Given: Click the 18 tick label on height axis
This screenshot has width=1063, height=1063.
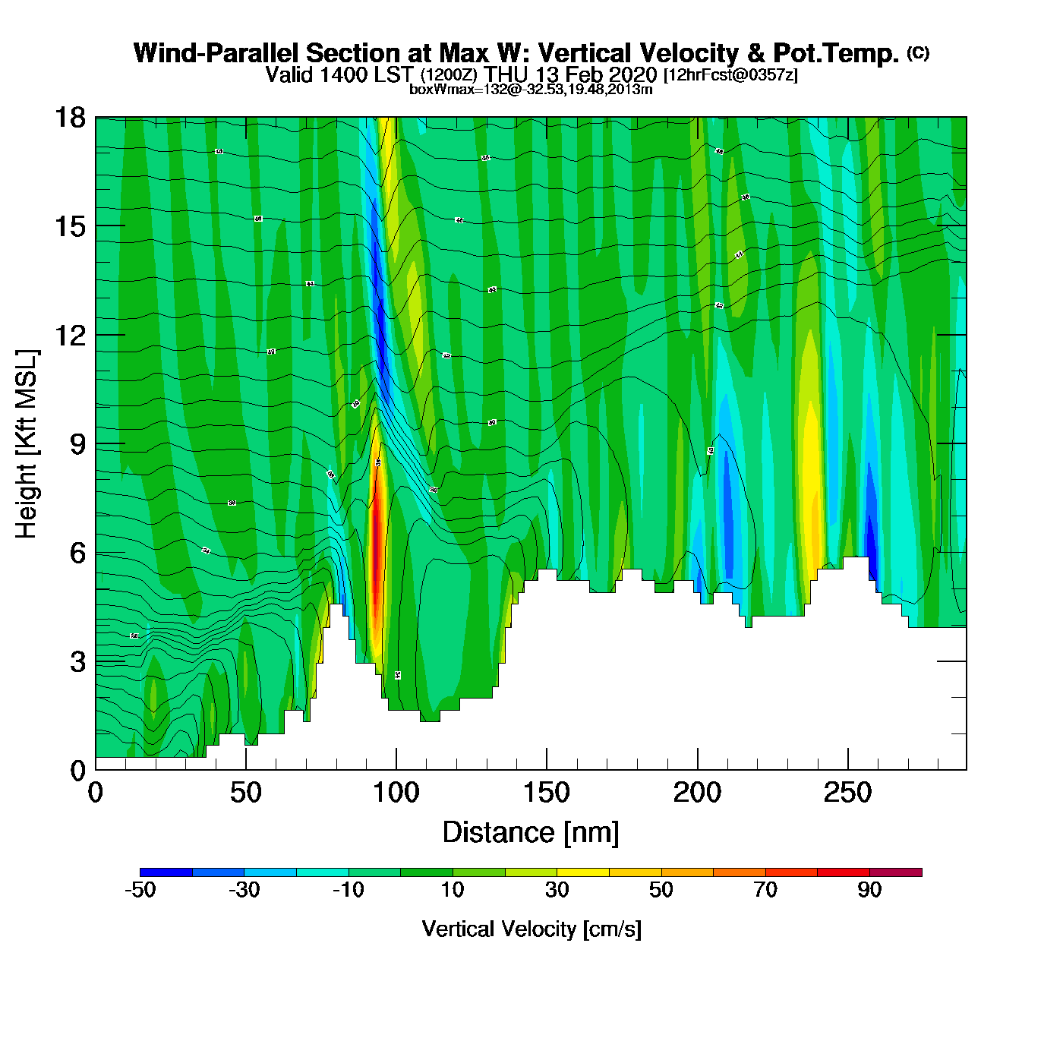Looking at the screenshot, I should [69, 118].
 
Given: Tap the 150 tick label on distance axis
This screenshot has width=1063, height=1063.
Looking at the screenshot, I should [546, 793].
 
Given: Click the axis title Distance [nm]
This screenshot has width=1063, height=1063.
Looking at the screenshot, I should [531, 833].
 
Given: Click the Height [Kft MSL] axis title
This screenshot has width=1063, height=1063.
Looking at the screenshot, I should [27, 444].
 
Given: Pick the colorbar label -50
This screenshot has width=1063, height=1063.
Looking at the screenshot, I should [140, 890].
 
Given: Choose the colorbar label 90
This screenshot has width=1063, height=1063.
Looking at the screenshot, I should [869, 890].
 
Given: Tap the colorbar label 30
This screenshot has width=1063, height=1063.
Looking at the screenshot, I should [557, 890].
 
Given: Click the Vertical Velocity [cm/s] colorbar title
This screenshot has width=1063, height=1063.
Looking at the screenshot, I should [531, 929].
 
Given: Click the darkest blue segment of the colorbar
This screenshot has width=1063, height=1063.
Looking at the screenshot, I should [166, 872].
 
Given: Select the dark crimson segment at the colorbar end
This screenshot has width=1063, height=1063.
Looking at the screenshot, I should [895, 872].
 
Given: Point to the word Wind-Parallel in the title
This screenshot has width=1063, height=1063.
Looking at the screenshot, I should [216, 53].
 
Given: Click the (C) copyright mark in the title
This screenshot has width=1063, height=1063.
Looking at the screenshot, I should [917, 52].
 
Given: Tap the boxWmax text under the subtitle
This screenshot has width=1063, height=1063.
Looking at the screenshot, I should [531, 90].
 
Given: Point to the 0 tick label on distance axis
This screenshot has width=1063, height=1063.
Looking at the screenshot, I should [96, 793].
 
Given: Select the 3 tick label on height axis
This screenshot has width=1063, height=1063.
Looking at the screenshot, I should [77, 661].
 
